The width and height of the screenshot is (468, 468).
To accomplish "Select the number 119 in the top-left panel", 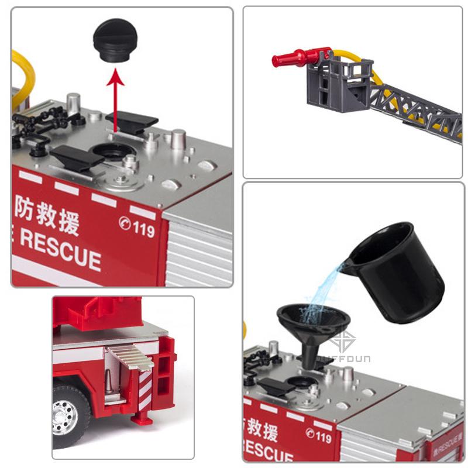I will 143,229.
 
